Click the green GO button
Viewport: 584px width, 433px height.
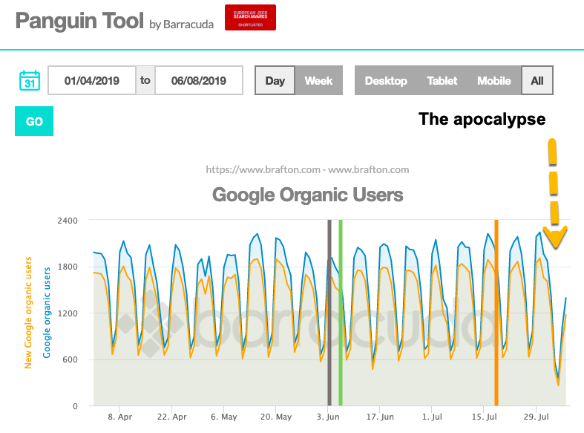(34, 121)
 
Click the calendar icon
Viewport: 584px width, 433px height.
(30, 80)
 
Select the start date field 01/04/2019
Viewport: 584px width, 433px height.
(92, 80)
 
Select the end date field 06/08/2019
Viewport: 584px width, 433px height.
(199, 80)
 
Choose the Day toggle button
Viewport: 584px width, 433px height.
(275, 80)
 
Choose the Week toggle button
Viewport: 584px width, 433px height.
(319, 80)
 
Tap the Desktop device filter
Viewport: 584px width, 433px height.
(386, 80)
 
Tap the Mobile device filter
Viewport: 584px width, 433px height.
(494, 80)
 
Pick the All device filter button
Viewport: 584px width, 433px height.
(537, 80)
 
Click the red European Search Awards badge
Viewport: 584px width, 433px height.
(250, 18)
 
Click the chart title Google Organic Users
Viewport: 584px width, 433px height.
(307, 195)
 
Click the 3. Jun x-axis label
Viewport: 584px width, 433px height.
(329, 417)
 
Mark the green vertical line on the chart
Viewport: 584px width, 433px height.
(341, 312)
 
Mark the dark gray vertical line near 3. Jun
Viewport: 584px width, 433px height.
(329, 312)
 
